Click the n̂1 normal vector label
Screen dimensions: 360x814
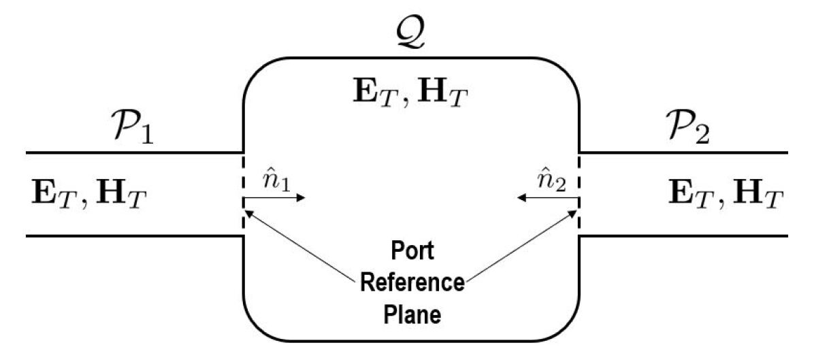[x=276, y=182]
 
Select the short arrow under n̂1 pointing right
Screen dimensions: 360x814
[x=276, y=198]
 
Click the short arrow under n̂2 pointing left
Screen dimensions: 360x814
[x=547, y=198]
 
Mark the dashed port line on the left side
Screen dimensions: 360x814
[x=244, y=194]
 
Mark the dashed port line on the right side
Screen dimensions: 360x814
[x=579, y=194]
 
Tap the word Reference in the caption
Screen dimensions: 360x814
[x=412, y=282]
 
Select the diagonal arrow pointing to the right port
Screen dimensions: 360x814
[x=521, y=246]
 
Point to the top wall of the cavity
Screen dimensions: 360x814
[x=411, y=58]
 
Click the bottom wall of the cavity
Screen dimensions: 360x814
[x=411, y=340]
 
